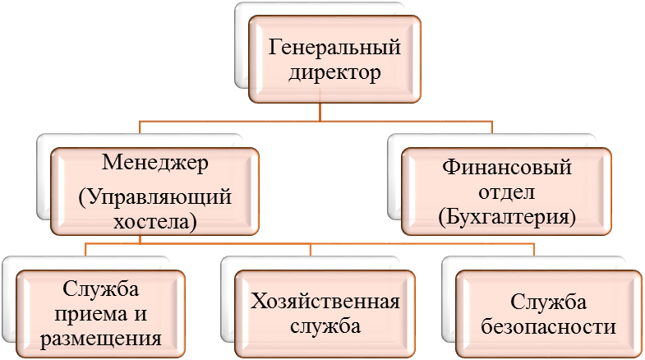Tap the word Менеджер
coord(154,161)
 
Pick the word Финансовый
coord(505,169)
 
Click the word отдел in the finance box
coord(505,194)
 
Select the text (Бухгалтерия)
coord(505,218)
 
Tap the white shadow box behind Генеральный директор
coord(243,49)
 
